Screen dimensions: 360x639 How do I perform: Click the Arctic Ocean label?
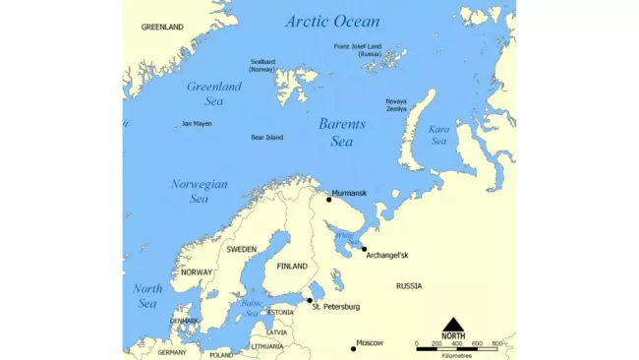pyautogui.click(x=331, y=21)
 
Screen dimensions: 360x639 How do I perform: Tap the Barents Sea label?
pyautogui.click(x=341, y=133)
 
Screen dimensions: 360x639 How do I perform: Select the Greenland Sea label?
pyautogui.click(x=214, y=92)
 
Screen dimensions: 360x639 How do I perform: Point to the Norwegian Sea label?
pyautogui.click(x=199, y=191)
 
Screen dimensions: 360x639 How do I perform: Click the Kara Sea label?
pyautogui.click(x=437, y=135)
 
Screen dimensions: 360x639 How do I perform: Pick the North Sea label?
pyautogui.click(x=147, y=296)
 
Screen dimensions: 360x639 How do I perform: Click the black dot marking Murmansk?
pyautogui.click(x=328, y=200)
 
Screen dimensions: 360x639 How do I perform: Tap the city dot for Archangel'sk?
pyautogui.click(x=364, y=249)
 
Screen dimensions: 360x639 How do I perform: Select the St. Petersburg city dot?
pyautogui.click(x=310, y=300)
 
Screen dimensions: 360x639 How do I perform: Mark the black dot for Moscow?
pyautogui.click(x=353, y=348)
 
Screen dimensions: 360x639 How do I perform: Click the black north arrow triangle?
pyautogui.click(x=453, y=325)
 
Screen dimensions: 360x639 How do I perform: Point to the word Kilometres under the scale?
pyautogui.click(x=457, y=355)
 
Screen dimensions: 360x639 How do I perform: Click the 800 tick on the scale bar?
pyautogui.click(x=496, y=344)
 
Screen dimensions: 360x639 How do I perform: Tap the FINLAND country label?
pyautogui.click(x=292, y=267)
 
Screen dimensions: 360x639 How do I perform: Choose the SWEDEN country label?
pyautogui.click(x=241, y=250)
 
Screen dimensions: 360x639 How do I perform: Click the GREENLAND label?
pyautogui.click(x=162, y=28)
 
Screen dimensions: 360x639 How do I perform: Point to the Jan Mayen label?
pyautogui.click(x=197, y=124)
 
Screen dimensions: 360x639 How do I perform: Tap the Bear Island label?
pyautogui.click(x=266, y=138)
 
